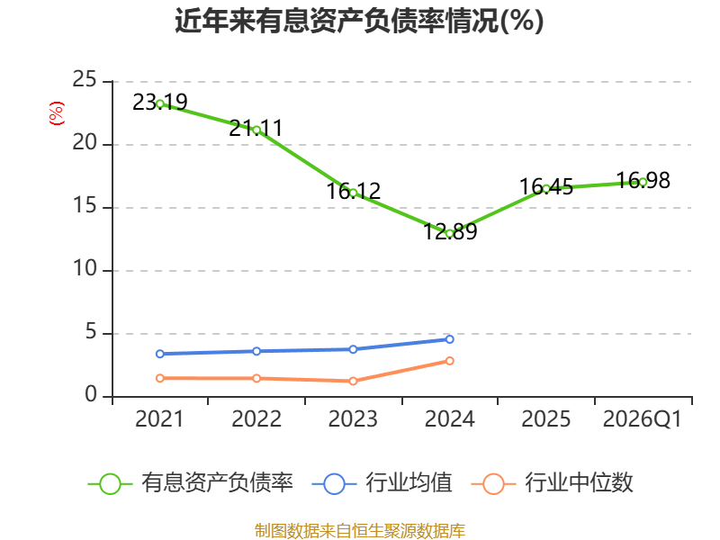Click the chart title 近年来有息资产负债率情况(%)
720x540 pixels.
359,21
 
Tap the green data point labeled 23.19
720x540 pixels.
160,103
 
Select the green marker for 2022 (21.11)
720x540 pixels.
256,130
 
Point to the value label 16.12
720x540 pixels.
354,191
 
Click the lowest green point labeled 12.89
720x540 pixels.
450,234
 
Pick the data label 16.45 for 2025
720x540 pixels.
546,187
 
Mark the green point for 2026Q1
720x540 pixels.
643,183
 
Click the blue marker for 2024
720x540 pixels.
450,339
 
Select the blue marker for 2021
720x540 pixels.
160,354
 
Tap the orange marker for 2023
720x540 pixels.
353,381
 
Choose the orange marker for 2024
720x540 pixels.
450,361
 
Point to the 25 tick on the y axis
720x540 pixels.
85,80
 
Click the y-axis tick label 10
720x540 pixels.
85,268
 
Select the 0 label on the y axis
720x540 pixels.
91,395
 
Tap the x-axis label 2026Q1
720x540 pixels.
643,419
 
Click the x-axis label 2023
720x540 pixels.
353,419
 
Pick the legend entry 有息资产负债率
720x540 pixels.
191,483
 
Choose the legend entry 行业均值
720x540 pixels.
382,483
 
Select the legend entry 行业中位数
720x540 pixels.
553,483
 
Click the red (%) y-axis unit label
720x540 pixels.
57,113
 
